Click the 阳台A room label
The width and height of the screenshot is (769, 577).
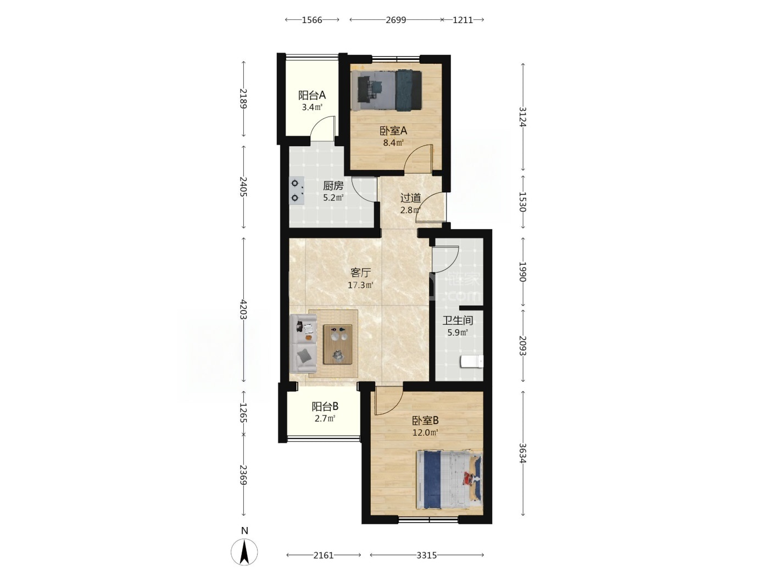pyautogui.click(x=312, y=95)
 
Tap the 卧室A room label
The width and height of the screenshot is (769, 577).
pyautogui.click(x=393, y=131)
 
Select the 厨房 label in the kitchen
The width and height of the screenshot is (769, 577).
pyautogui.click(x=333, y=185)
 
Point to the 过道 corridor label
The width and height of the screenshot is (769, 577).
pyautogui.click(x=410, y=198)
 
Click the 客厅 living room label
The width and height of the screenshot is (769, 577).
pyautogui.click(x=360, y=273)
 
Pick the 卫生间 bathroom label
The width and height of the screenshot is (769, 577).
pyautogui.click(x=458, y=320)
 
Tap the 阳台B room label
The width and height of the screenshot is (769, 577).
pyautogui.click(x=325, y=407)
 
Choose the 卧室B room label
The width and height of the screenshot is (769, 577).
pyautogui.click(x=425, y=420)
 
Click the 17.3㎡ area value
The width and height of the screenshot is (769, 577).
pyautogui.click(x=360, y=285)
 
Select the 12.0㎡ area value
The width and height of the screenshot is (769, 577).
pyautogui.click(x=425, y=432)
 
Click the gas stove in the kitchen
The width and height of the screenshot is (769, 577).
pyautogui.click(x=297, y=191)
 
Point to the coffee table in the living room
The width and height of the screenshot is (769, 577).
pyautogui.click(x=337, y=344)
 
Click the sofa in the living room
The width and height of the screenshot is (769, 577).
pyautogui.click(x=303, y=343)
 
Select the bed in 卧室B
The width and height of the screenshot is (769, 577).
pyautogui.click(x=449, y=480)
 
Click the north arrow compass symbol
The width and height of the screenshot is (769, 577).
pyautogui.click(x=244, y=551)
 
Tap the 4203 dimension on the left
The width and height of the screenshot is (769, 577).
pyautogui.click(x=243, y=309)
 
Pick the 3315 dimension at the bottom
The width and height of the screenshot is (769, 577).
pyautogui.click(x=426, y=555)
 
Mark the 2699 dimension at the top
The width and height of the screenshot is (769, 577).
pyautogui.click(x=396, y=20)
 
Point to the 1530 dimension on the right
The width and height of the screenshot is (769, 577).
pyautogui.click(x=522, y=202)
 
